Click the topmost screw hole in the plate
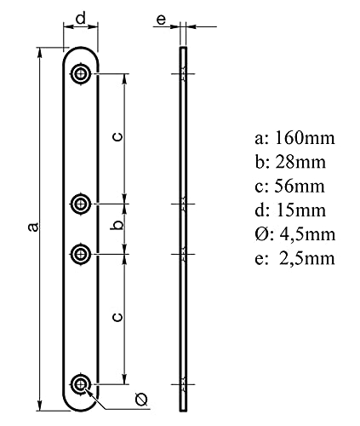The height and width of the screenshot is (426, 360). click(81, 74)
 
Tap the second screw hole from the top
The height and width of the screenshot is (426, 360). click(81, 204)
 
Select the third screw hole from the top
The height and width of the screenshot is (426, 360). click(81, 254)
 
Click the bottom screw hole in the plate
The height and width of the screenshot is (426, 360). click(81, 384)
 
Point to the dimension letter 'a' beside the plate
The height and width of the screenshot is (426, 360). click(33, 227)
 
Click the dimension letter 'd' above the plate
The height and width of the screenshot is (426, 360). click(81, 19)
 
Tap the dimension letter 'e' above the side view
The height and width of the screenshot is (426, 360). click(161, 20)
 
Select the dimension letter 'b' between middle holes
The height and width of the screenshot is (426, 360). click(118, 224)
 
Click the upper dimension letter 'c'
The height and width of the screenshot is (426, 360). click(117, 136)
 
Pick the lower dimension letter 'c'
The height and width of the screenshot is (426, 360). click(117, 316)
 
